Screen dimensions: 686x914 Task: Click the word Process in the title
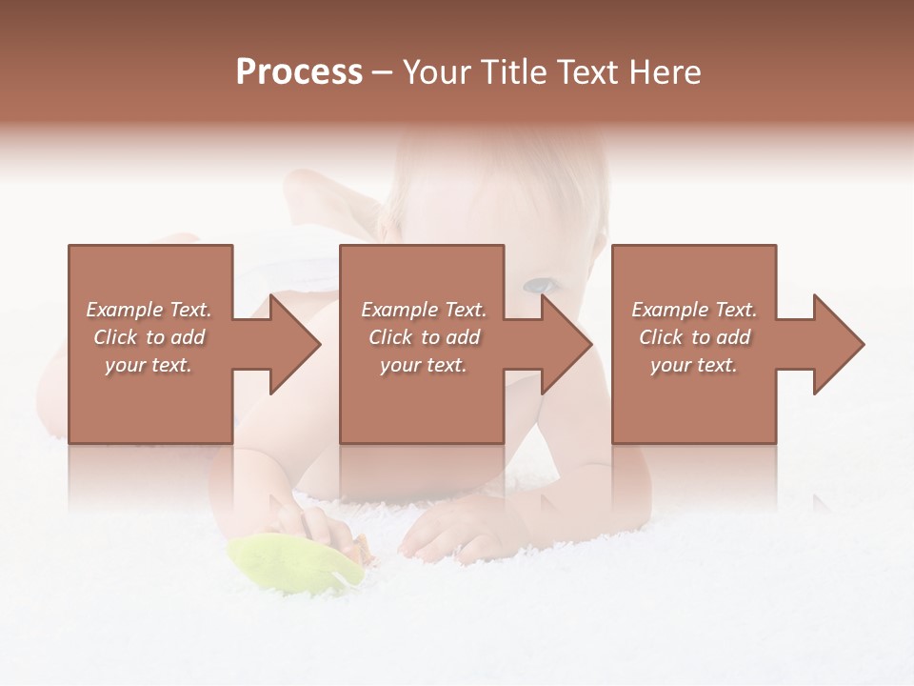click(299, 72)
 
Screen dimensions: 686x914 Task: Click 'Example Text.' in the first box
click(149, 310)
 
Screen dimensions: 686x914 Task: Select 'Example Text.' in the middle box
click(424, 310)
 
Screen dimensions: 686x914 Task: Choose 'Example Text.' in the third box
click(694, 310)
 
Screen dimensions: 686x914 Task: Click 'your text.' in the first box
click(149, 365)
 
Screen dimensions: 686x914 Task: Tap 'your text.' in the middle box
click(424, 365)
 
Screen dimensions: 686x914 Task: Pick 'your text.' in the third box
click(694, 365)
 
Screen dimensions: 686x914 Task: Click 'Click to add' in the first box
click(149, 337)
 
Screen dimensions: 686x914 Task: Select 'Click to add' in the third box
click(694, 337)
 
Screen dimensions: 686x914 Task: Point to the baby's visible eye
click(539, 285)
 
